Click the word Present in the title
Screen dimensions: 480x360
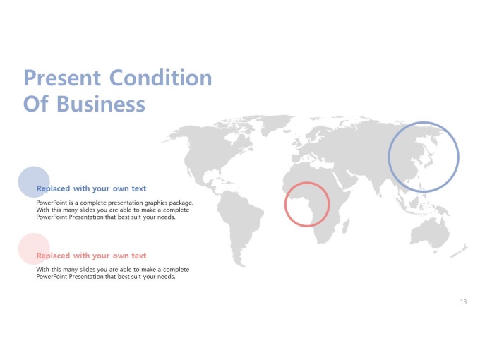[x=62, y=78]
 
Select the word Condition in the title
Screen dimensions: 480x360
[x=161, y=78]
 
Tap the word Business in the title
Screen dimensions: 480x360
[x=101, y=104]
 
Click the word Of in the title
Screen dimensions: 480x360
[x=36, y=104]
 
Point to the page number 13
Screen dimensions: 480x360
[x=463, y=302]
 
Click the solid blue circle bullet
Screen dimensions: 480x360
[x=34, y=182]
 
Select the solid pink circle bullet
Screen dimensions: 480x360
[x=34, y=248]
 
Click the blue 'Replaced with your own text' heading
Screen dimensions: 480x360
[x=91, y=188]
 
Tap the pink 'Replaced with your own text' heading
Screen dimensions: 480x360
[x=91, y=256]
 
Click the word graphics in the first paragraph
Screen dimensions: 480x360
[x=154, y=203]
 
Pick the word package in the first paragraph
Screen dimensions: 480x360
[x=180, y=203]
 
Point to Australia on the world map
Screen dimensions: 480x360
[x=429, y=234]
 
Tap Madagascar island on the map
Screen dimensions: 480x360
[x=346, y=226]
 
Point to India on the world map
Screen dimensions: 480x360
[x=380, y=182]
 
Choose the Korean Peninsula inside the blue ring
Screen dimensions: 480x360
[x=422, y=158]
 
